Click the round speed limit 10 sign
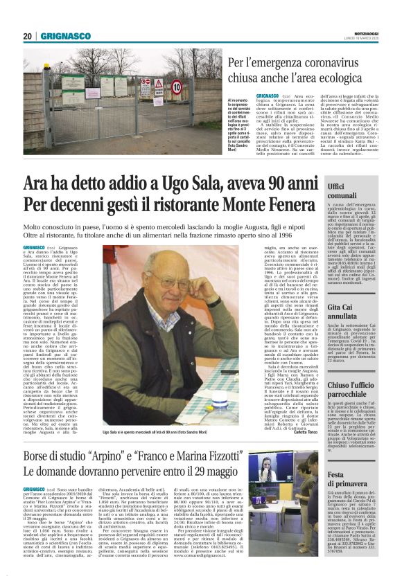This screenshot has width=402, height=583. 176,87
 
